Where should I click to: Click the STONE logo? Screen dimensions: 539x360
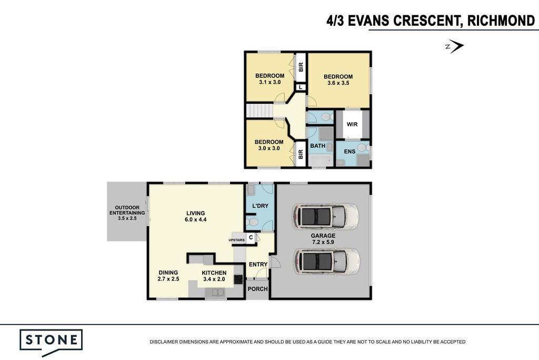coord(51,342)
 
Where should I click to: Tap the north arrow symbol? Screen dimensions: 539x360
coord(455,46)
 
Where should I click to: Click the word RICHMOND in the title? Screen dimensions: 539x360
coord(501,21)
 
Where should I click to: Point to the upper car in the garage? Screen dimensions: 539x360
coord(325,216)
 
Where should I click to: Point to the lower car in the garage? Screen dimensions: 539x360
coord(326,262)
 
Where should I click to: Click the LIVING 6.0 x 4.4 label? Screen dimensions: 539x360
coord(196,216)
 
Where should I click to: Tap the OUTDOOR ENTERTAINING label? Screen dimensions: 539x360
coord(127,213)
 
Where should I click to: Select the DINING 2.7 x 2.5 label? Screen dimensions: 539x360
coord(168,276)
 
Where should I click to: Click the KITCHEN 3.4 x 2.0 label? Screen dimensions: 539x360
coord(214,276)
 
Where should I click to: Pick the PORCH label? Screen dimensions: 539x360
coord(257,289)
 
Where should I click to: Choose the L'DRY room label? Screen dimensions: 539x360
coord(260,206)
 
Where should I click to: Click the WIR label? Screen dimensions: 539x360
coord(352,124)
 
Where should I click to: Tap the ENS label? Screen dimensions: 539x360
coord(350,151)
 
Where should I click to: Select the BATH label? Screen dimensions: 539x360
coord(317,146)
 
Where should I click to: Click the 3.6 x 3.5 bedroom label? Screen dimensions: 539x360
coord(338,80)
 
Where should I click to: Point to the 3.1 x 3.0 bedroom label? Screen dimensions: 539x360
coord(269,79)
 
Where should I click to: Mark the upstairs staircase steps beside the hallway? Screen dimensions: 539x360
coord(259,111)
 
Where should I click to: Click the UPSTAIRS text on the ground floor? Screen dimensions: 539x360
coord(237,240)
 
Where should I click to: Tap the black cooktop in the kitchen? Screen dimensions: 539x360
coord(238,279)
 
